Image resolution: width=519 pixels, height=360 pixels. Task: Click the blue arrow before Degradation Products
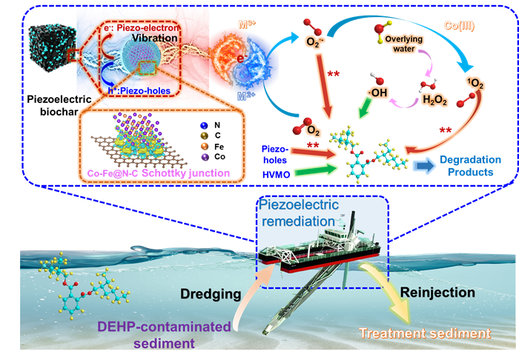423,165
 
